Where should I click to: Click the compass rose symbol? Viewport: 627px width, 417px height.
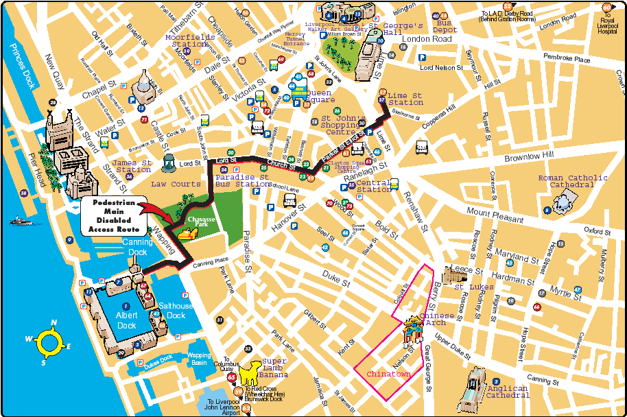coord(49,341)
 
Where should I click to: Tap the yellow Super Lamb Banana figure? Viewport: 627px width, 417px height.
coord(252,372)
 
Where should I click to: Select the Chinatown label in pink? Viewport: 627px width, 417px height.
coord(388,374)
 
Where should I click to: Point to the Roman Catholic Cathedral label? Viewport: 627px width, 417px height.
coord(572,182)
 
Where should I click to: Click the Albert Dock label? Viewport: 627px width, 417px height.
coord(126,320)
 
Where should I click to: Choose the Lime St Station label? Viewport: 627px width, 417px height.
coord(405,99)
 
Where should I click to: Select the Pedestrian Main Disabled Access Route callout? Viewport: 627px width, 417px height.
coord(109,217)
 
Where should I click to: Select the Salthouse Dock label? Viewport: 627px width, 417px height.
coord(176,311)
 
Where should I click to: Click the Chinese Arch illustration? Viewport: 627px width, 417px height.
coord(413,332)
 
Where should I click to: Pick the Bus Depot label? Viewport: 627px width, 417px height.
coord(446,26)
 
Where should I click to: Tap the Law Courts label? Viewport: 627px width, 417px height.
coord(176,184)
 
